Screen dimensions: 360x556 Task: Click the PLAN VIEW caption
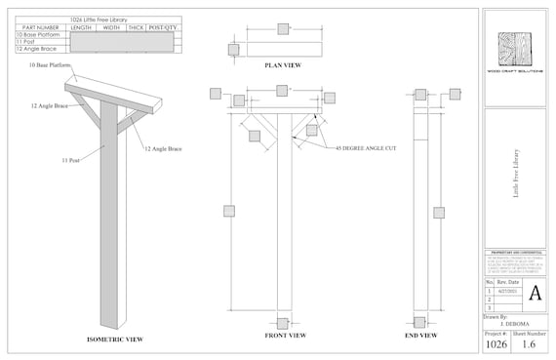(282, 65)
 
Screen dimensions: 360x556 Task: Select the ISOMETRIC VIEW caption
(115, 339)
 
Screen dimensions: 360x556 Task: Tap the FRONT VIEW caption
(286, 336)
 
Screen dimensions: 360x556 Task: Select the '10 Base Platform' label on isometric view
(36, 65)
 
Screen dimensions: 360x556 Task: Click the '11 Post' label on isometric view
(69, 158)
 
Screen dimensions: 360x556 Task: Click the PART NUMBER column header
(41, 27)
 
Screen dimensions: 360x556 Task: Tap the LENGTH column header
(82, 27)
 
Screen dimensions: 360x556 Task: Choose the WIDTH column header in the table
(112, 27)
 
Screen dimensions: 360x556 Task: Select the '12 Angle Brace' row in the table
(35, 49)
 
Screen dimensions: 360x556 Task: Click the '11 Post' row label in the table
(25, 42)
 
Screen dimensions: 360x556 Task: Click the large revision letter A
(535, 293)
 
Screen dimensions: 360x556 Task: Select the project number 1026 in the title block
(498, 343)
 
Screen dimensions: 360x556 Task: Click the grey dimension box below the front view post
(282, 323)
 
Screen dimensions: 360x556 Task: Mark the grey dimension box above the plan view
(282, 29)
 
